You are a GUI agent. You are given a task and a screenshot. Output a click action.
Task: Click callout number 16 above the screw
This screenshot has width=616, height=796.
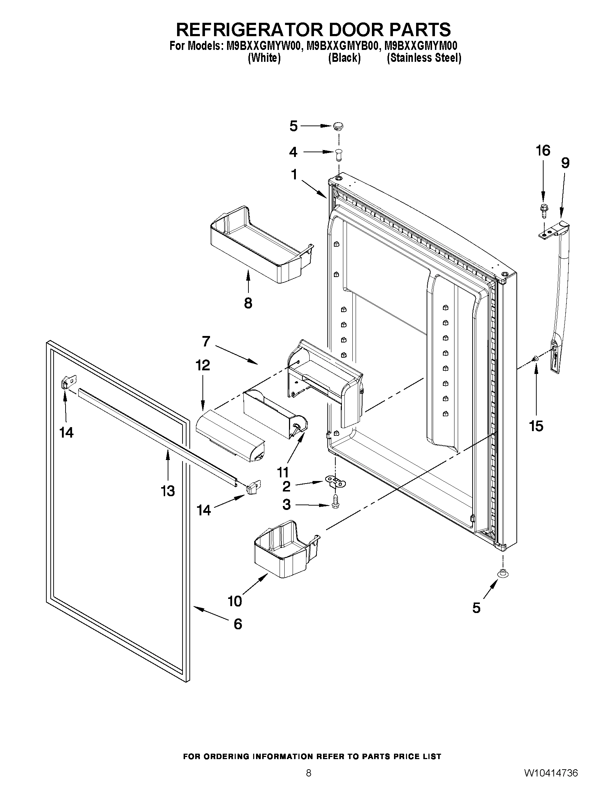tap(542, 150)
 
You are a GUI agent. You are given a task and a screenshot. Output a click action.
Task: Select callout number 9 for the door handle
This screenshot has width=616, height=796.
tap(565, 163)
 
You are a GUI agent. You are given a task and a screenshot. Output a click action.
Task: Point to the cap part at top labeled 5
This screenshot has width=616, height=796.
tap(338, 126)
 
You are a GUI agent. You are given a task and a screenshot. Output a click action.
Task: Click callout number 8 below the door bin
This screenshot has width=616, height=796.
tap(248, 303)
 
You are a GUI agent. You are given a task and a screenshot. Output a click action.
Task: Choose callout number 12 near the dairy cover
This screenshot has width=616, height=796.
tap(203, 365)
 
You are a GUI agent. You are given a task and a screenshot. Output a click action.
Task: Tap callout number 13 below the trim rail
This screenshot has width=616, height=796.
tap(168, 491)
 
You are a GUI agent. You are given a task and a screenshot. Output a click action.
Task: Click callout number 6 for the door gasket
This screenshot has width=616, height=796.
tap(238, 624)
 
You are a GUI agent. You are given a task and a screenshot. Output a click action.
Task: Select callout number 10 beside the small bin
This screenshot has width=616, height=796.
tap(235, 601)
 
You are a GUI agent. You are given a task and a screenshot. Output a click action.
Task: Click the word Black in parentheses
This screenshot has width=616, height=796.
tap(344, 58)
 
